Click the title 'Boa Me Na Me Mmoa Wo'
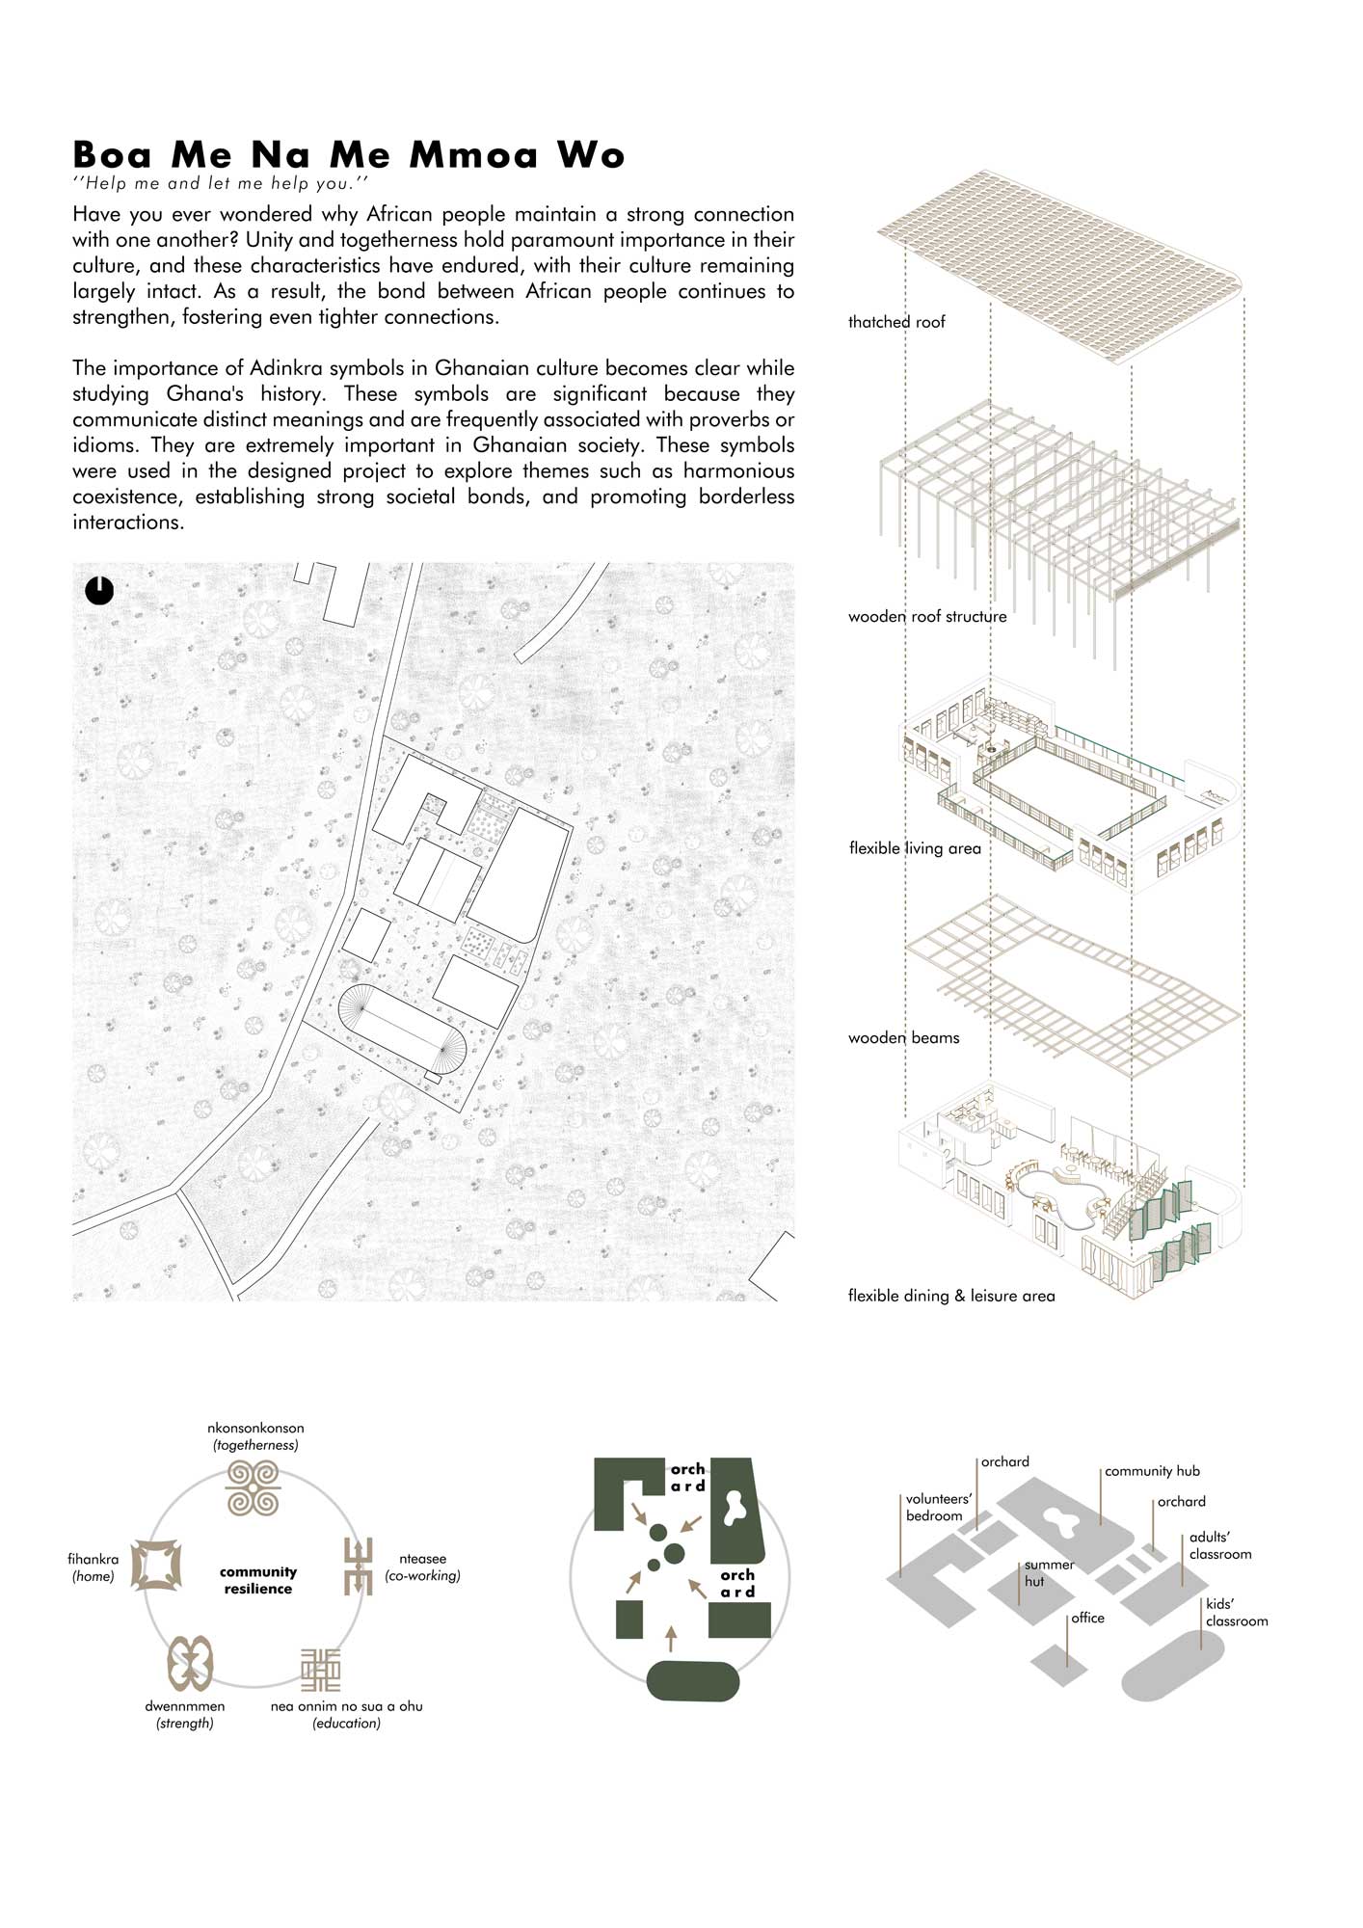349,155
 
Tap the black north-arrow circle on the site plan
99,590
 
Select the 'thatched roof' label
896,322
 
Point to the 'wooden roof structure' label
926,617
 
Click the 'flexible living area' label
915,848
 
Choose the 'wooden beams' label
903,1038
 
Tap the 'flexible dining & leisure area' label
951,1296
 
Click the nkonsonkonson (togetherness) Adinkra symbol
253,1488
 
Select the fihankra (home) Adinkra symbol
156,1565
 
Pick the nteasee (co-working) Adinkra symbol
359,1566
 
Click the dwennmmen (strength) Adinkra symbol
190,1664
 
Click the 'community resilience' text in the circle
258,1580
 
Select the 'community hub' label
1152,1471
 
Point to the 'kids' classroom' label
1236,1613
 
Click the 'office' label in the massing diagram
1087,1618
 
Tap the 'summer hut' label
1049,1573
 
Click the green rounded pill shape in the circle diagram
692,1681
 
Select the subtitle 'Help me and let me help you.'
221,183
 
